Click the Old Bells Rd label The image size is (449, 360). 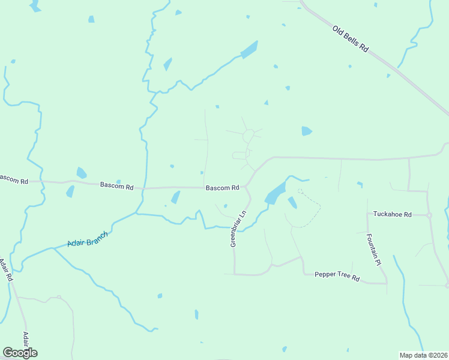(350, 38)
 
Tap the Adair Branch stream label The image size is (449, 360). (88, 238)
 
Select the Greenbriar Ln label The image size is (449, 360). (238, 229)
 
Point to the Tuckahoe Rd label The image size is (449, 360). (392, 214)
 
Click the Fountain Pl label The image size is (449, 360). (373, 250)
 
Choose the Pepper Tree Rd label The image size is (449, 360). (337, 278)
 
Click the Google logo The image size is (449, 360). (20, 352)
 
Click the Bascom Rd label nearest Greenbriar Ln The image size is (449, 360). (223, 188)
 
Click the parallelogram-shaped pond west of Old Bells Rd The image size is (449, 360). (249, 50)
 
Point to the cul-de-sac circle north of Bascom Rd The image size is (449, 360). (248, 137)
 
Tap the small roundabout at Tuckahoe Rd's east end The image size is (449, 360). (429, 215)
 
